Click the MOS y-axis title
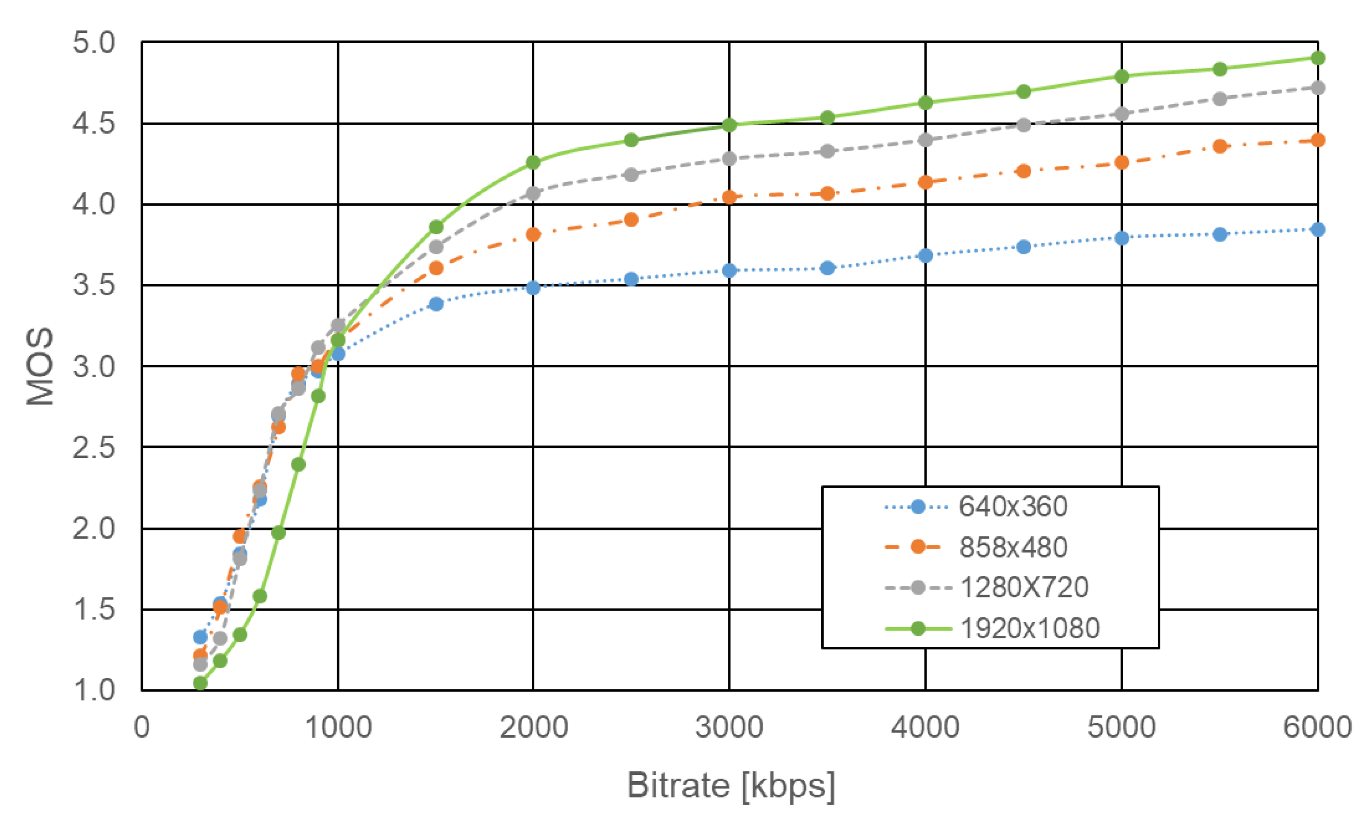[40, 366]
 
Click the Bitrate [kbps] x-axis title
[730, 785]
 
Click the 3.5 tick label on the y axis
[93, 285]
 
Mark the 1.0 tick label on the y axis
[93, 690]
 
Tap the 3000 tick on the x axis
[729, 727]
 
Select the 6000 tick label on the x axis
[1317, 727]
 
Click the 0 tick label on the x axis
[142, 727]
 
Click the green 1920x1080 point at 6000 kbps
[1317, 58]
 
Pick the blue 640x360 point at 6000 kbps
[1317, 229]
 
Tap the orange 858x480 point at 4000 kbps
[925, 182]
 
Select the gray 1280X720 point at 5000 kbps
[1121, 114]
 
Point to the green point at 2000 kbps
[533, 162]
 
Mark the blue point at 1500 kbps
[436, 304]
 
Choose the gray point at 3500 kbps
[827, 151]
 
